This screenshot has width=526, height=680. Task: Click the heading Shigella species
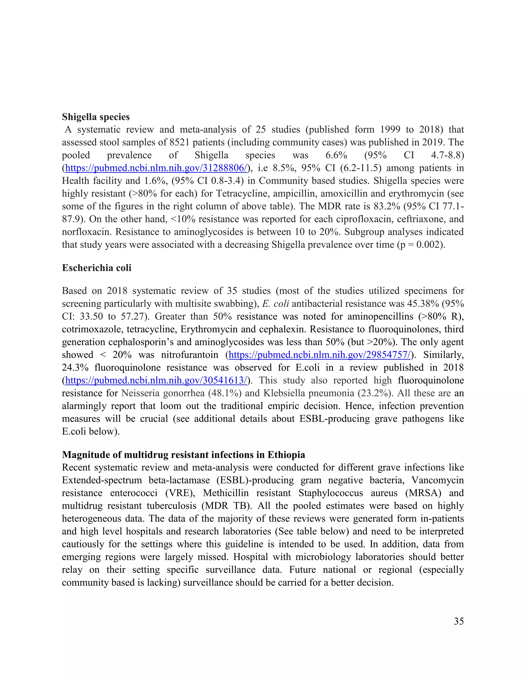click(96, 117)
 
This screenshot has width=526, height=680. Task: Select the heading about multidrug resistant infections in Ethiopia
click(183, 455)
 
